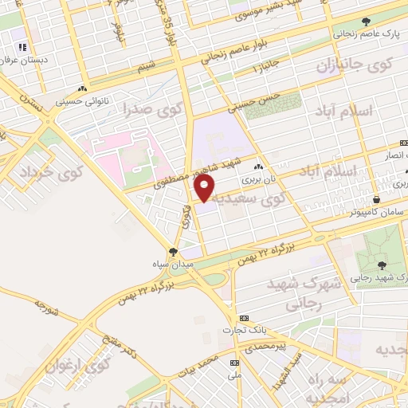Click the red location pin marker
point(205,187)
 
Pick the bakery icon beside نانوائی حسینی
point(83,89)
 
